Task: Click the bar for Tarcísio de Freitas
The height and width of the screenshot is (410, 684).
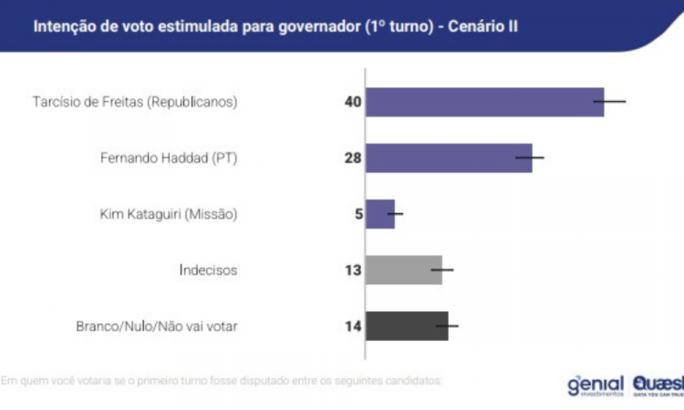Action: pos(484,101)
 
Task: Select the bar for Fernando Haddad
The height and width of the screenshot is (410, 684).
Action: pos(449,158)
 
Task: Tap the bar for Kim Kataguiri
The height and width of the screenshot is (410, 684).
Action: pos(380,214)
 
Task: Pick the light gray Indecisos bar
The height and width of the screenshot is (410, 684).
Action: pos(404,270)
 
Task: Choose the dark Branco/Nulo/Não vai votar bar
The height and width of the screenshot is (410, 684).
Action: pos(407,325)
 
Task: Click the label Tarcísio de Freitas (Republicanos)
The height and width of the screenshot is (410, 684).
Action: pos(134,102)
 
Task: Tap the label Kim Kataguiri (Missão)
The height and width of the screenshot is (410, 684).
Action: pos(168,214)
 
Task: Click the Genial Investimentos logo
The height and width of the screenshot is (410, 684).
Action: pos(595,385)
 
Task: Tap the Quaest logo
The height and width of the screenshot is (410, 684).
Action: pos(657,385)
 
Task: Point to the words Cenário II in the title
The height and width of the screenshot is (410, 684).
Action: pos(484,26)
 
